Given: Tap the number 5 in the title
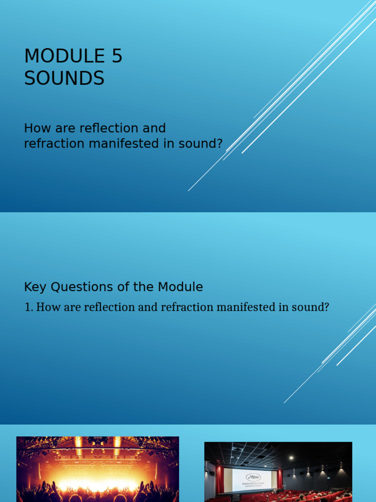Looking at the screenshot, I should [x=117, y=56].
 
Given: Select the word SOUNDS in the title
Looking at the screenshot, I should [x=64, y=78].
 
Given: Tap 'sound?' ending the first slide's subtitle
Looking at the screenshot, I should [x=203, y=144].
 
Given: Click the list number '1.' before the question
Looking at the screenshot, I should [x=28, y=308].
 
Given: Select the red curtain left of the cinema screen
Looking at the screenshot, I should [x=219, y=479].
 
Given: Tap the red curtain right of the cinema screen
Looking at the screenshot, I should [x=280, y=478].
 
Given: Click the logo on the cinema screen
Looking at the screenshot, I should [x=253, y=477].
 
